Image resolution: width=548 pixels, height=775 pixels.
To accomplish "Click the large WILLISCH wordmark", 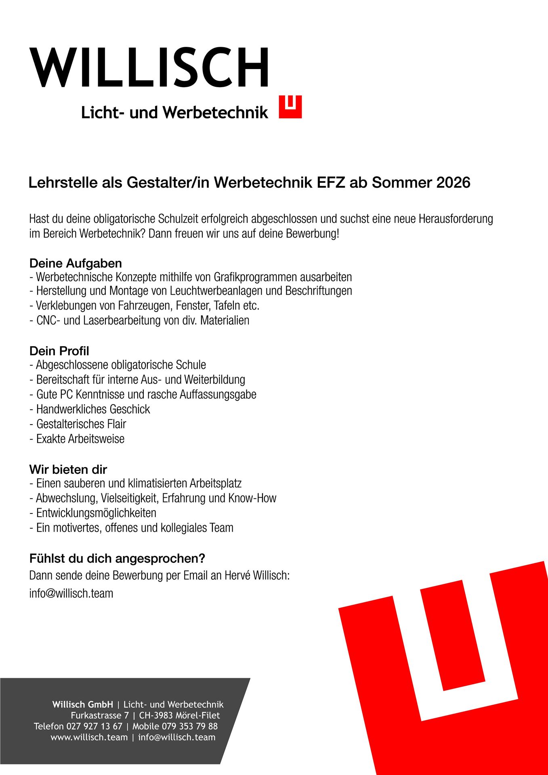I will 149,67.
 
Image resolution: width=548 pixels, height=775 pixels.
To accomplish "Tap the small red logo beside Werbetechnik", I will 290,107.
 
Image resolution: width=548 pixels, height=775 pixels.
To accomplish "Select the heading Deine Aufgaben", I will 76,264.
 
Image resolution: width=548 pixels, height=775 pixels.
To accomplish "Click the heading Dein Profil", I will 59,351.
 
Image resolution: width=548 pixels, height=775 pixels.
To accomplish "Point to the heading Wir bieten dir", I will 68,470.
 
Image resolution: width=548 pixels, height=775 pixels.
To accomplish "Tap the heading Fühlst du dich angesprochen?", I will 117,559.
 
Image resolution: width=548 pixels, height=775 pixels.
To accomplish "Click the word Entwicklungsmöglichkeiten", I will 96,513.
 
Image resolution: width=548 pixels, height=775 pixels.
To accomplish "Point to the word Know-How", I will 252,498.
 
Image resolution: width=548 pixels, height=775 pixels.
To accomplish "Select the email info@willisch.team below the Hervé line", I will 71,593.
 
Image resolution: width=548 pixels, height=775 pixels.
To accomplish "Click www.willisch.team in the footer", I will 89,737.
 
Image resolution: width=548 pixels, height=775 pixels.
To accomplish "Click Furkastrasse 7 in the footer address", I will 100,715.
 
